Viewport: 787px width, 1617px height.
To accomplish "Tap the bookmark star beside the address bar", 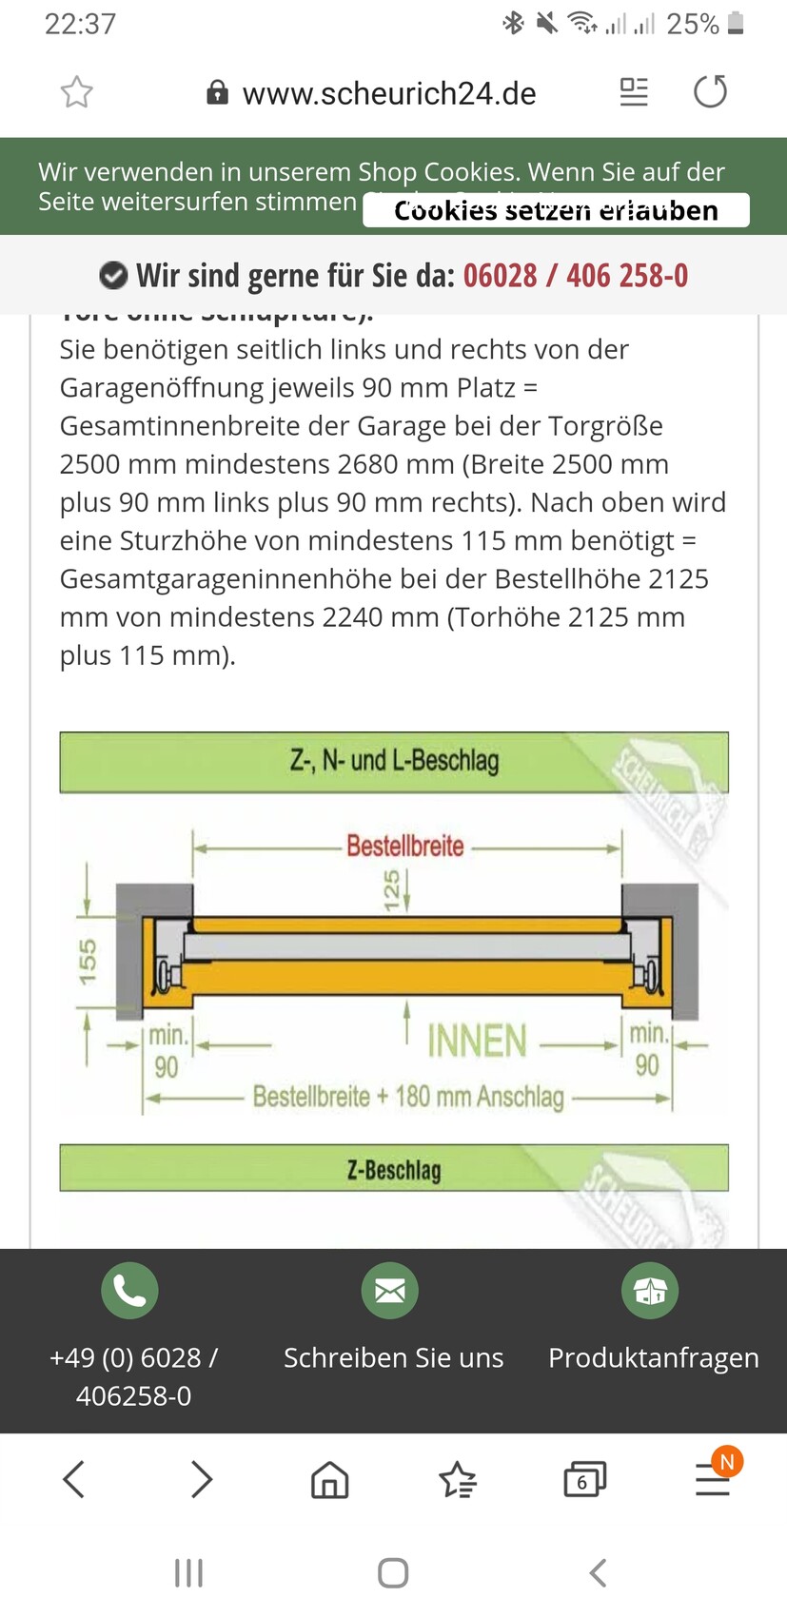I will point(77,92).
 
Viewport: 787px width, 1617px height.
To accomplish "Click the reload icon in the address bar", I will point(710,92).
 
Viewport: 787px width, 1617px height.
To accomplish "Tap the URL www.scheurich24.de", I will point(388,93).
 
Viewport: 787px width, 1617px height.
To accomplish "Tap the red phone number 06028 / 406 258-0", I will point(575,276).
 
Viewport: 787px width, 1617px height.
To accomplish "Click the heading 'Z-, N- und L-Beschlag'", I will point(394,761).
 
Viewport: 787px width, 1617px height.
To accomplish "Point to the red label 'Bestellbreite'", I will point(404,846).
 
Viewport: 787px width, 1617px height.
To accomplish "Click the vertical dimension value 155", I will point(88,961).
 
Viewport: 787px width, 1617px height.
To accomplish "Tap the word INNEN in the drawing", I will point(477,1042).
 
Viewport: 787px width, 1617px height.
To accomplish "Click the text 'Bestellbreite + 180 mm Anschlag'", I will point(408,1097).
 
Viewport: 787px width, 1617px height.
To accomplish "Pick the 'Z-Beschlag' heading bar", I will point(394,1169).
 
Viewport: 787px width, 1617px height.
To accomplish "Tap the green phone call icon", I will point(129,1291).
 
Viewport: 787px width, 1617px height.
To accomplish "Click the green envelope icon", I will point(390,1291).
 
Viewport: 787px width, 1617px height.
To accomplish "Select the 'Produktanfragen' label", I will point(653,1357).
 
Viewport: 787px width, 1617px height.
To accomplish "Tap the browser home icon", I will point(329,1479).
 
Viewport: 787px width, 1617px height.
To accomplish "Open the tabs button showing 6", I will point(583,1479).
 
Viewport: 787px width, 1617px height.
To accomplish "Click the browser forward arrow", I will point(201,1479).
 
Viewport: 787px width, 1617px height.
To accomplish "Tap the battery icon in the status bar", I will point(735,23).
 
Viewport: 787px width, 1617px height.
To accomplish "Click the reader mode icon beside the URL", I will point(633,92).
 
